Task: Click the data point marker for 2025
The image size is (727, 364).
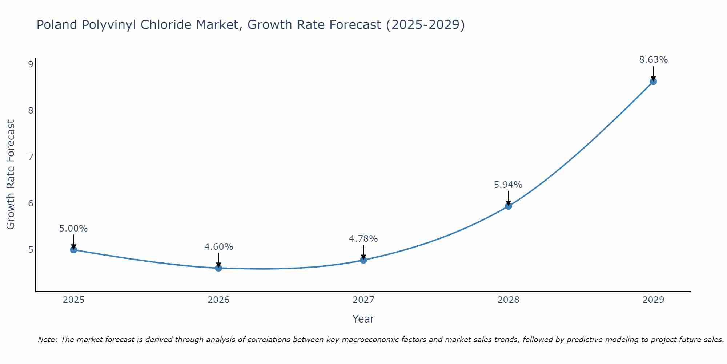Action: click(73, 250)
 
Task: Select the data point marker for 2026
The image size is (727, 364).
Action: click(218, 268)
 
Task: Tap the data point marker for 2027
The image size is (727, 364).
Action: click(363, 260)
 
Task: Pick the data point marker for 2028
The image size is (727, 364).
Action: click(508, 206)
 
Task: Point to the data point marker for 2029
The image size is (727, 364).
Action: click(653, 81)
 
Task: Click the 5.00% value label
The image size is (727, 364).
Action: click(73, 229)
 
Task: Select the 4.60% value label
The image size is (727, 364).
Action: click(218, 247)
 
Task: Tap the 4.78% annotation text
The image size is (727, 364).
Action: click(363, 239)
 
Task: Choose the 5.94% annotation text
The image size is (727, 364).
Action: click(508, 185)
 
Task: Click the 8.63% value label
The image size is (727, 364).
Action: click(653, 60)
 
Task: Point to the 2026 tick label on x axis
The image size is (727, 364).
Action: click(218, 300)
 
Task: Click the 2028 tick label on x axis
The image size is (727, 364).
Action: click(508, 300)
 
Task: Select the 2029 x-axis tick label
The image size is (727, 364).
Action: click(653, 300)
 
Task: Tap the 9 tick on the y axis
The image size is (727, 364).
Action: click(31, 64)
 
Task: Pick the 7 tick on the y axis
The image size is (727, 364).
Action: click(31, 157)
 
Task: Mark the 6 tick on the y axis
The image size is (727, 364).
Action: click(31, 203)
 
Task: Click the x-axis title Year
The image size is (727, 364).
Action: click(363, 319)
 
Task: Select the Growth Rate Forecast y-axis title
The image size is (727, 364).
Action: click(11, 175)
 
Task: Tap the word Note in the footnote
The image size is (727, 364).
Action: click(47, 340)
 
